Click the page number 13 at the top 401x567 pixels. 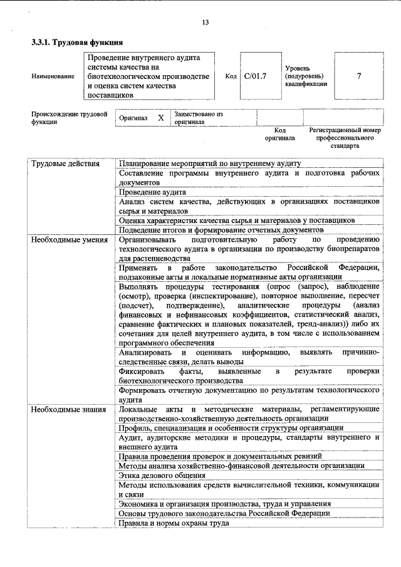[205, 23]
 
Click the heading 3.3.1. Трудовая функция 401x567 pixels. [76, 43]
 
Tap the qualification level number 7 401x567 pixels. [358, 76]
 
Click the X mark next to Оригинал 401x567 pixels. [160, 118]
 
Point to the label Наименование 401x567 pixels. [52, 76]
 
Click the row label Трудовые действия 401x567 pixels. [66, 164]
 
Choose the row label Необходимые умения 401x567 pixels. [69, 239]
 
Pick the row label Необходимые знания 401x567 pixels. [68, 408]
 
